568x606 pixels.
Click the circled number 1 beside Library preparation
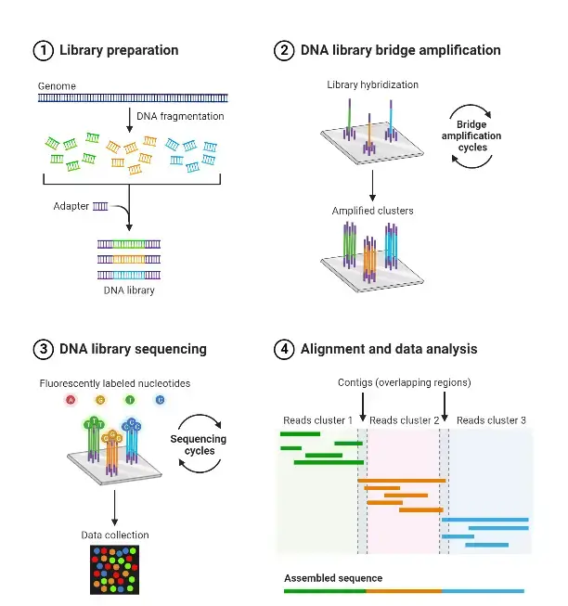(44, 51)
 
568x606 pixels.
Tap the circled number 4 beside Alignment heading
(284, 349)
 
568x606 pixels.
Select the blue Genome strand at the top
(133, 97)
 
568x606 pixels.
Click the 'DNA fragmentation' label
(180, 116)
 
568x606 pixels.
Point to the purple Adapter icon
(100, 207)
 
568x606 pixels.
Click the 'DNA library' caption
(129, 290)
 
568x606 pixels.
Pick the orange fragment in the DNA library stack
(129, 259)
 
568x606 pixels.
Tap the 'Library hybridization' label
(372, 84)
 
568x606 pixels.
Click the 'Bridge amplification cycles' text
(471, 136)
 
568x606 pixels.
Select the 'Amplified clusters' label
(372, 211)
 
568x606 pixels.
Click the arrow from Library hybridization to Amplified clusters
(372, 186)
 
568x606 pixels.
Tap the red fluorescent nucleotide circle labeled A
(71, 400)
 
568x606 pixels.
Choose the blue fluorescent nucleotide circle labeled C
(160, 400)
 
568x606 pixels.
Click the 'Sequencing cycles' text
(199, 445)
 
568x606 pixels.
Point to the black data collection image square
(115, 570)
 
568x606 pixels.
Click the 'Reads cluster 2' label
(404, 420)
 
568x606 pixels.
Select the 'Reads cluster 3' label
(491, 420)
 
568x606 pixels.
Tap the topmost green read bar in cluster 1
(300, 434)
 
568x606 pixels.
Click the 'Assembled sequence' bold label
(333, 578)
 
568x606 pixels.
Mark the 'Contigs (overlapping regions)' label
(404, 382)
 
